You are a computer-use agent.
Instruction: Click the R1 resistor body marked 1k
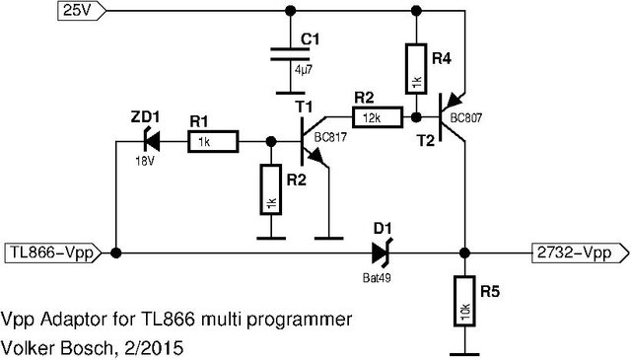[213, 142]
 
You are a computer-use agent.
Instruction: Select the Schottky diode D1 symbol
[382, 252]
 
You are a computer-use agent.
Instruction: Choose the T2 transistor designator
[426, 141]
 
